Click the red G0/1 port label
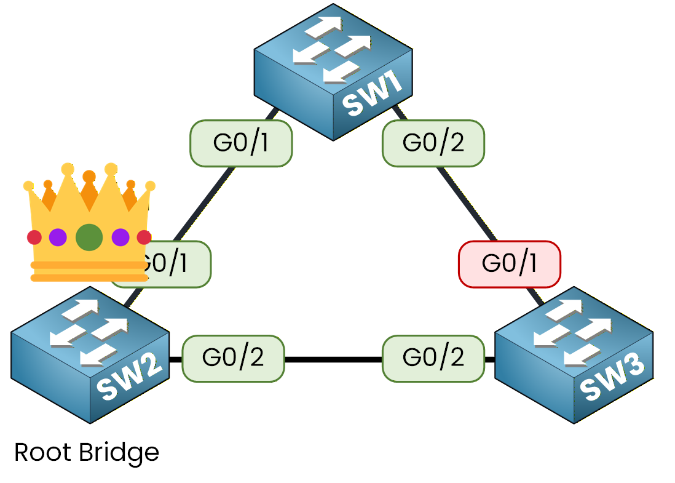point(510,263)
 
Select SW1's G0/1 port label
point(240,143)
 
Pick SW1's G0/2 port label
point(433,143)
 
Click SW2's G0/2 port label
point(233,358)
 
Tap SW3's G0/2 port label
point(433,358)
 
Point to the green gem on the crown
point(89,237)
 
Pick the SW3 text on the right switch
point(612,381)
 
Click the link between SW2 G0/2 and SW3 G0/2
point(333,359)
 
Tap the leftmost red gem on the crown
point(34,237)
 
